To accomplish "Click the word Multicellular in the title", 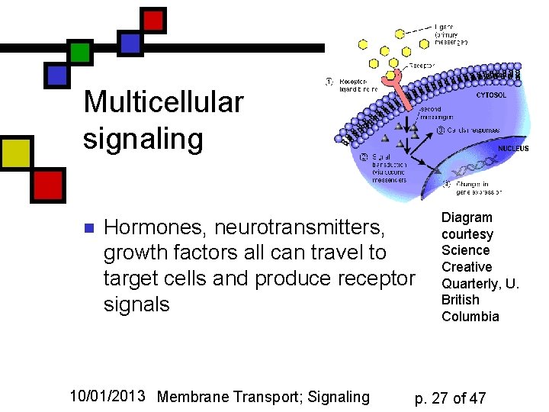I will click(163, 101).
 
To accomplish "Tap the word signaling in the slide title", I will click(143, 139).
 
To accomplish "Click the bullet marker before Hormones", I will click(88, 228).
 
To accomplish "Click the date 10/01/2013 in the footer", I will click(108, 396).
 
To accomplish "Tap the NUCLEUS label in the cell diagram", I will click(512, 149).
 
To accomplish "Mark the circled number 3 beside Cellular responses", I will click(441, 130).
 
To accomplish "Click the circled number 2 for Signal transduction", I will click(364, 157).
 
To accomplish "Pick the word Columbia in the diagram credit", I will click(470, 316).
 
